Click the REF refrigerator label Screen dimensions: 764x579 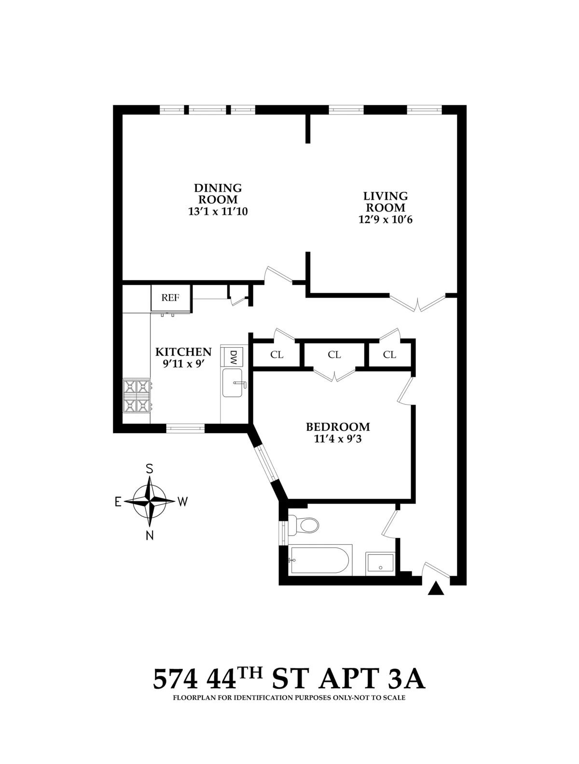point(170,297)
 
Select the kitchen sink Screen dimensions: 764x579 point(233,383)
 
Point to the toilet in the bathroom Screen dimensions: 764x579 point(306,525)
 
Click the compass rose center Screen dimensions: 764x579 point(150,501)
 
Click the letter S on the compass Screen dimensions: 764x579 point(150,468)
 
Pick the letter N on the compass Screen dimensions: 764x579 point(150,535)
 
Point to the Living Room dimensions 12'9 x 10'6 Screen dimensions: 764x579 point(385,220)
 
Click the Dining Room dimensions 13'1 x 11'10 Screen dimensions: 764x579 point(218,211)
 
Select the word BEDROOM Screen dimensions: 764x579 point(338,427)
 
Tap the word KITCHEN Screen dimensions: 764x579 point(183,352)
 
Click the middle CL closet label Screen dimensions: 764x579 point(334,354)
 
